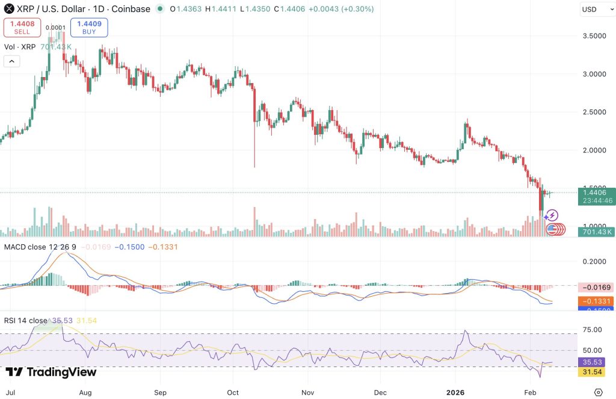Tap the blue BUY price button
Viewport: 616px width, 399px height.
89,27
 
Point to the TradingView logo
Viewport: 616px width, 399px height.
51,372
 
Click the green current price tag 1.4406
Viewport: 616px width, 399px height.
595,193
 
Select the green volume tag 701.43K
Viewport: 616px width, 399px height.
595,231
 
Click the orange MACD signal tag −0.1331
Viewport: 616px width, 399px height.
595,301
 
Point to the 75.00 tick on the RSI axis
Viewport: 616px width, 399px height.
592,330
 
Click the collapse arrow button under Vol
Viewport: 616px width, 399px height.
12,61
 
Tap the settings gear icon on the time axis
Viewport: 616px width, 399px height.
598,392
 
